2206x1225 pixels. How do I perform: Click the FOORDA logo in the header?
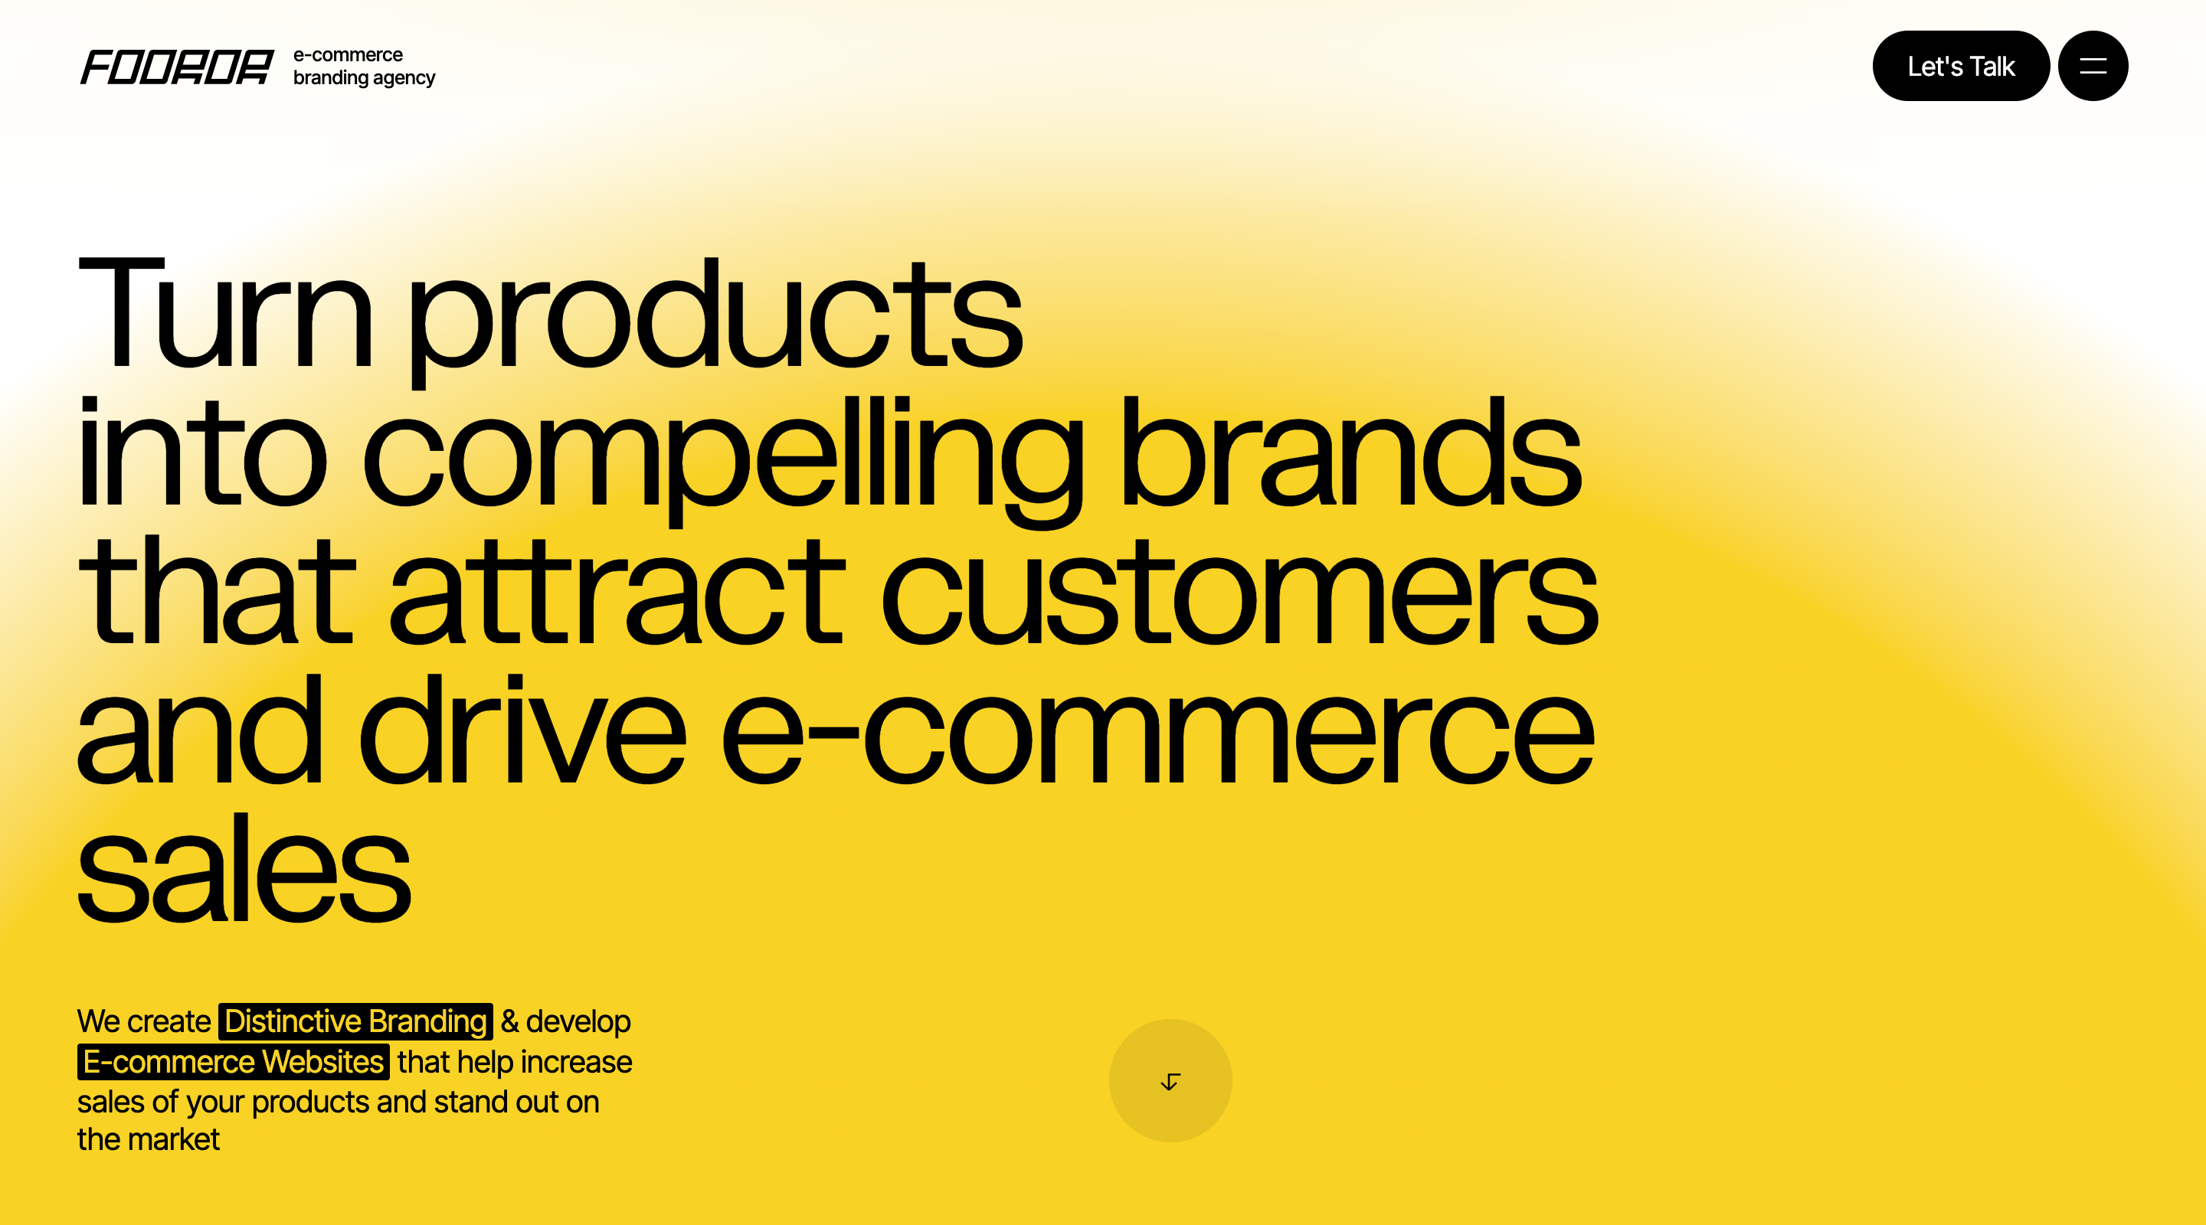(x=177, y=67)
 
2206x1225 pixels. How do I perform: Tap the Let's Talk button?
(x=1961, y=66)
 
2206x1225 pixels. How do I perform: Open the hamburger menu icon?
(x=2093, y=66)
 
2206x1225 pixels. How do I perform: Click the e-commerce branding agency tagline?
(x=364, y=67)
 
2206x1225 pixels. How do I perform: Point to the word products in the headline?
(x=715, y=321)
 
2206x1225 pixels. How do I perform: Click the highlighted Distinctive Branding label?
(x=355, y=1021)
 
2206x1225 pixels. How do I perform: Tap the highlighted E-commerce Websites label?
(x=233, y=1061)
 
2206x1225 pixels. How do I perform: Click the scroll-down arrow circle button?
(x=1170, y=1080)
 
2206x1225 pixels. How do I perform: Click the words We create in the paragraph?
(x=144, y=1021)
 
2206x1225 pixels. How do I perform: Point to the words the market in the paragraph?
(x=148, y=1139)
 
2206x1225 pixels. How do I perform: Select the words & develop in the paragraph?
(x=566, y=1021)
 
